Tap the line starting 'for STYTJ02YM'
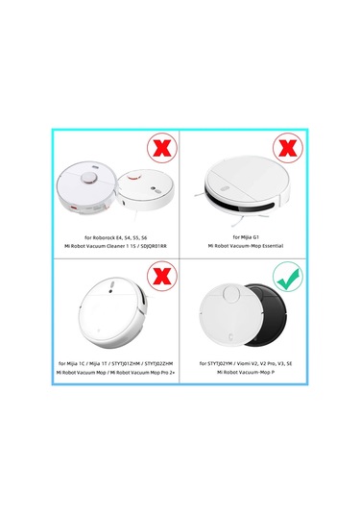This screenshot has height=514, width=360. (x=244, y=363)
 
